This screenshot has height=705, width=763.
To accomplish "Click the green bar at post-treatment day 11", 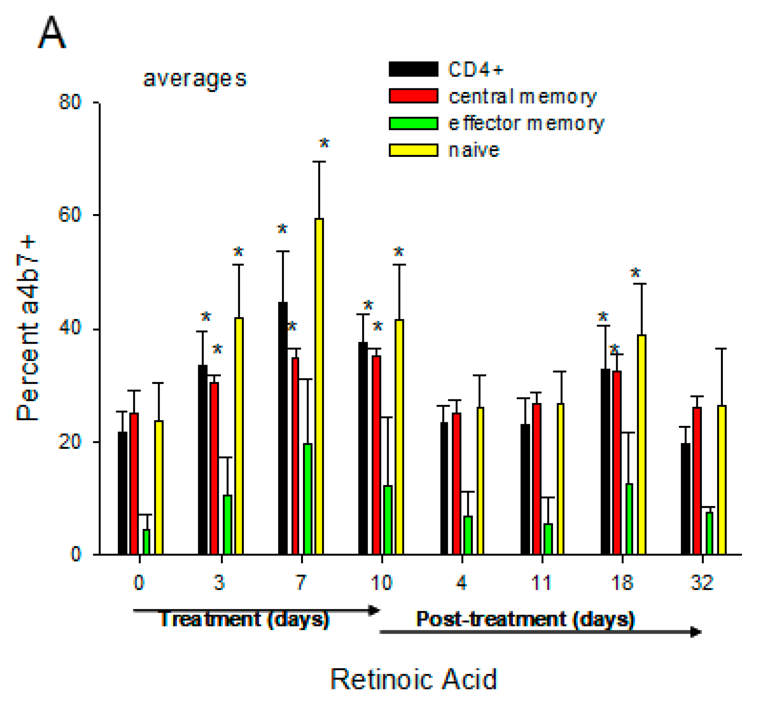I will tap(548, 539).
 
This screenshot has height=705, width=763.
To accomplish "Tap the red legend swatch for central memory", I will tap(413, 96).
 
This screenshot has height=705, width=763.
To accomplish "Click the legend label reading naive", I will tap(474, 150).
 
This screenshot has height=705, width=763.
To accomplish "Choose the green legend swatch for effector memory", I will tap(413, 123).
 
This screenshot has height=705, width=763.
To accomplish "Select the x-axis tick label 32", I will tap(702, 583).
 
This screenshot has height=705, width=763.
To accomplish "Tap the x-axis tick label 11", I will tap(541, 583).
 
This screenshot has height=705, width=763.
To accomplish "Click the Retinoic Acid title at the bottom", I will tap(414, 679).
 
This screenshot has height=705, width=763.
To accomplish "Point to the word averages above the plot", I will tap(195, 79).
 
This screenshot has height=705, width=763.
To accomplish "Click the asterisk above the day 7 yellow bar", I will tap(324, 143).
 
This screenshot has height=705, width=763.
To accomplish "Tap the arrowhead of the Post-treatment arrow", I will tap(696, 632).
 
